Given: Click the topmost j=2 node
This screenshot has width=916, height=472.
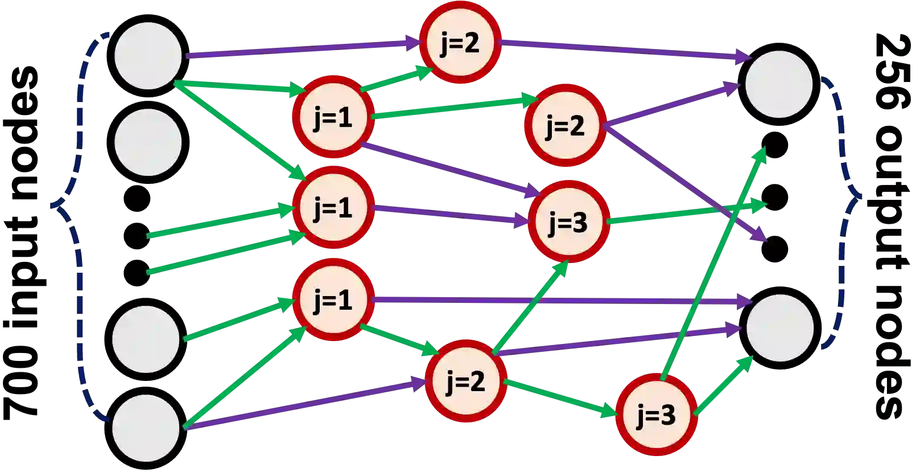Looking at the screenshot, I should [460, 43].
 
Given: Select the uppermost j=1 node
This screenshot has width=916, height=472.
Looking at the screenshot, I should [333, 117].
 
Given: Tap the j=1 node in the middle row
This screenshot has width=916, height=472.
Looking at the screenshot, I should [333, 208].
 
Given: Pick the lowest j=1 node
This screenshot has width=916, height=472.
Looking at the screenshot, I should [333, 299].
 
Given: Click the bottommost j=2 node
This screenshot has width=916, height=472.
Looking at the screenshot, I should [466, 381].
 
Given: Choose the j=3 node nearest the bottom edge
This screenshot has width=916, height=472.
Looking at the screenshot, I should [656, 416].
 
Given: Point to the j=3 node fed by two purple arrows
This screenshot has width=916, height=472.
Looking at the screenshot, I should [567, 222].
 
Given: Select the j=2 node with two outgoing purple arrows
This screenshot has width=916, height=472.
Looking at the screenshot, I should [565, 125].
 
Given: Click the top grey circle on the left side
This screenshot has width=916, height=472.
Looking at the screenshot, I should [148, 56].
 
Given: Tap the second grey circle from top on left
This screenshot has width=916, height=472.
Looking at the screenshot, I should [148, 142].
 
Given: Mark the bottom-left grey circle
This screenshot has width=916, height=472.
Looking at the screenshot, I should [146, 428].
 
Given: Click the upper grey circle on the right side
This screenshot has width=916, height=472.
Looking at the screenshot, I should [779, 84].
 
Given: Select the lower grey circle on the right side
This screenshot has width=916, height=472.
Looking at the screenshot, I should [779, 328].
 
